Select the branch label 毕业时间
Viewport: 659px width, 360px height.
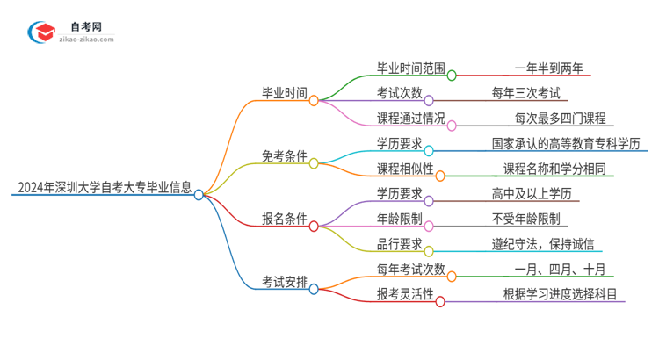point(284,91)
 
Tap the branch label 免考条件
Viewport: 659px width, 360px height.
point(284,157)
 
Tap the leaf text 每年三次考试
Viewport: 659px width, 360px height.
point(525,93)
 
